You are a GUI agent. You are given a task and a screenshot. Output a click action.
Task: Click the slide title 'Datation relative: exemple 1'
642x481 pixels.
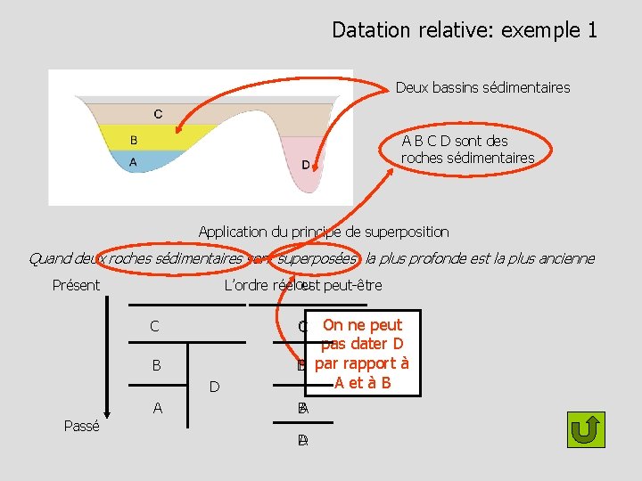pyautogui.click(x=464, y=30)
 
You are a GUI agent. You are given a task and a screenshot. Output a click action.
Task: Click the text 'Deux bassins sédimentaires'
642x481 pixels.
pyautogui.click(x=482, y=87)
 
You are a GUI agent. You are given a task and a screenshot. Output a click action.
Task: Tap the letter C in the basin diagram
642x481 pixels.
pyautogui.click(x=158, y=114)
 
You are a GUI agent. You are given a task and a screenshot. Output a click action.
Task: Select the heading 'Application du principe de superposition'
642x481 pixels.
pyautogui.click(x=323, y=232)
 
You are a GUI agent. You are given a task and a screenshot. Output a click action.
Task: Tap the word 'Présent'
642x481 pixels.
pyautogui.click(x=76, y=286)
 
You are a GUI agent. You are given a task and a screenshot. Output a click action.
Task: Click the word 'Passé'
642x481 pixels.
pyautogui.click(x=82, y=427)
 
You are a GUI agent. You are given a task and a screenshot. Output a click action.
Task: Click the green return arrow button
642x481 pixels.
pyautogui.click(x=586, y=429)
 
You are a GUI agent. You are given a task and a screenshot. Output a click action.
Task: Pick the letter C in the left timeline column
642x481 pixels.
pyautogui.click(x=155, y=327)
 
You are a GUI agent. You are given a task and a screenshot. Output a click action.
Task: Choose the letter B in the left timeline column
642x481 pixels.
pyautogui.click(x=156, y=365)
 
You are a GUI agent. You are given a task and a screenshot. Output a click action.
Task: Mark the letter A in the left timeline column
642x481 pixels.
pyautogui.click(x=157, y=408)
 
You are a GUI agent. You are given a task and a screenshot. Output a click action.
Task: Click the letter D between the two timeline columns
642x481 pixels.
pyautogui.click(x=214, y=387)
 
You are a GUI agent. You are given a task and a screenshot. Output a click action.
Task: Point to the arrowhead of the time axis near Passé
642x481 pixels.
pyautogui.click(x=107, y=411)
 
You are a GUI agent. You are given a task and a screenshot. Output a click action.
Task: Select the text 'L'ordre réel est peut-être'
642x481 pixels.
pyautogui.click(x=303, y=286)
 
